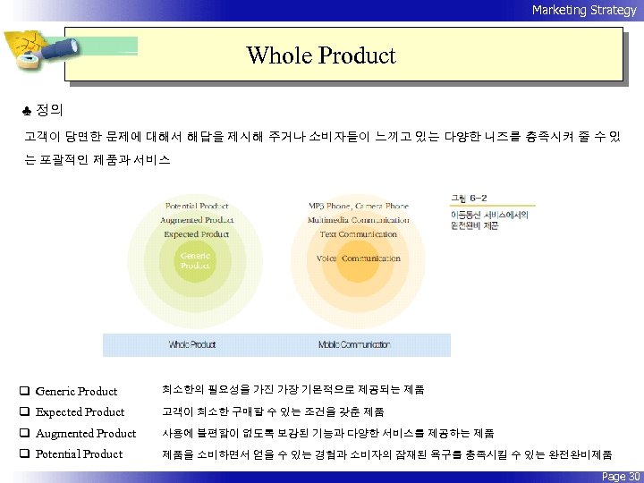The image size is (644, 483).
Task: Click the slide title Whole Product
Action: tap(321, 55)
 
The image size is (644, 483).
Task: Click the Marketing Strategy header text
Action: tap(584, 10)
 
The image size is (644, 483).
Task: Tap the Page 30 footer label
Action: tap(621, 476)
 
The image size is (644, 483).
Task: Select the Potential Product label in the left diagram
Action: tap(197, 206)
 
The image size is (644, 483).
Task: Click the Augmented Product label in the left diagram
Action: tap(197, 220)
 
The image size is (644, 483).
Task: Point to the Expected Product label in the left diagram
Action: tap(197, 234)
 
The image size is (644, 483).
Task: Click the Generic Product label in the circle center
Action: tap(196, 260)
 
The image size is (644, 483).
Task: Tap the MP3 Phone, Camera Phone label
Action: tap(358, 206)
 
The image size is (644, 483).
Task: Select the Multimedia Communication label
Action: tap(358, 220)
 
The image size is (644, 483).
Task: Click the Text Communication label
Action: tap(358, 234)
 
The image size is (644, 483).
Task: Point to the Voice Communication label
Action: tap(358, 258)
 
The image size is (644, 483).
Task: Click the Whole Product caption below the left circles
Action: tap(193, 344)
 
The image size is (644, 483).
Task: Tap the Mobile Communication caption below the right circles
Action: tap(354, 344)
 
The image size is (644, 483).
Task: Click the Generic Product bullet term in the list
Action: tap(76, 391)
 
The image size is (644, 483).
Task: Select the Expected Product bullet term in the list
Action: tap(80, 411)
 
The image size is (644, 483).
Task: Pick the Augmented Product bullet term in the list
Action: tap(85, 433)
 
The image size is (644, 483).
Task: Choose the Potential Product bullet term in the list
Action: tap(79, 453)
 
